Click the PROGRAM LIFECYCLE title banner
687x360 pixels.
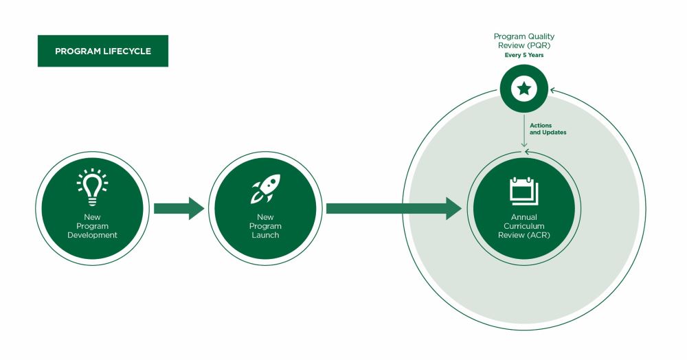pyautogui.click(x=102, y=51)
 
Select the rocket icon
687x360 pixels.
pyautogui.click(x=265, y=189)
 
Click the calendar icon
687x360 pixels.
pyautogui.click(x=523, y=191)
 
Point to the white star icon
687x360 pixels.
pyautogui.click(x=524, y=88)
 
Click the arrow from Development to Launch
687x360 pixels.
pyautogui.click(x=179, y=208)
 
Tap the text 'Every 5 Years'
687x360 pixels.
pyautogui.click(x=524, y=55)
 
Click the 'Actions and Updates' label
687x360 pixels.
pyautogui.click(x=548, y=128)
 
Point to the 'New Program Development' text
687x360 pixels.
pyautogui.click(x=93, y=226)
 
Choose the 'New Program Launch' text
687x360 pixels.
pyautogui.click(x=265, y=226)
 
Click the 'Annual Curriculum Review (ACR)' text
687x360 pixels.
pyautogui.click(x=524, y=226)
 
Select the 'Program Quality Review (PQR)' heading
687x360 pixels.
pyautogui.click(x=524, y=41)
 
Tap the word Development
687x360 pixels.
pyautogui.click(x=93, y=235)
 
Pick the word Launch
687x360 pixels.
pyautogui.click(x=265, y=235)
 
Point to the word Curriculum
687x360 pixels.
pyautogui.click(x=524, y=226)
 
